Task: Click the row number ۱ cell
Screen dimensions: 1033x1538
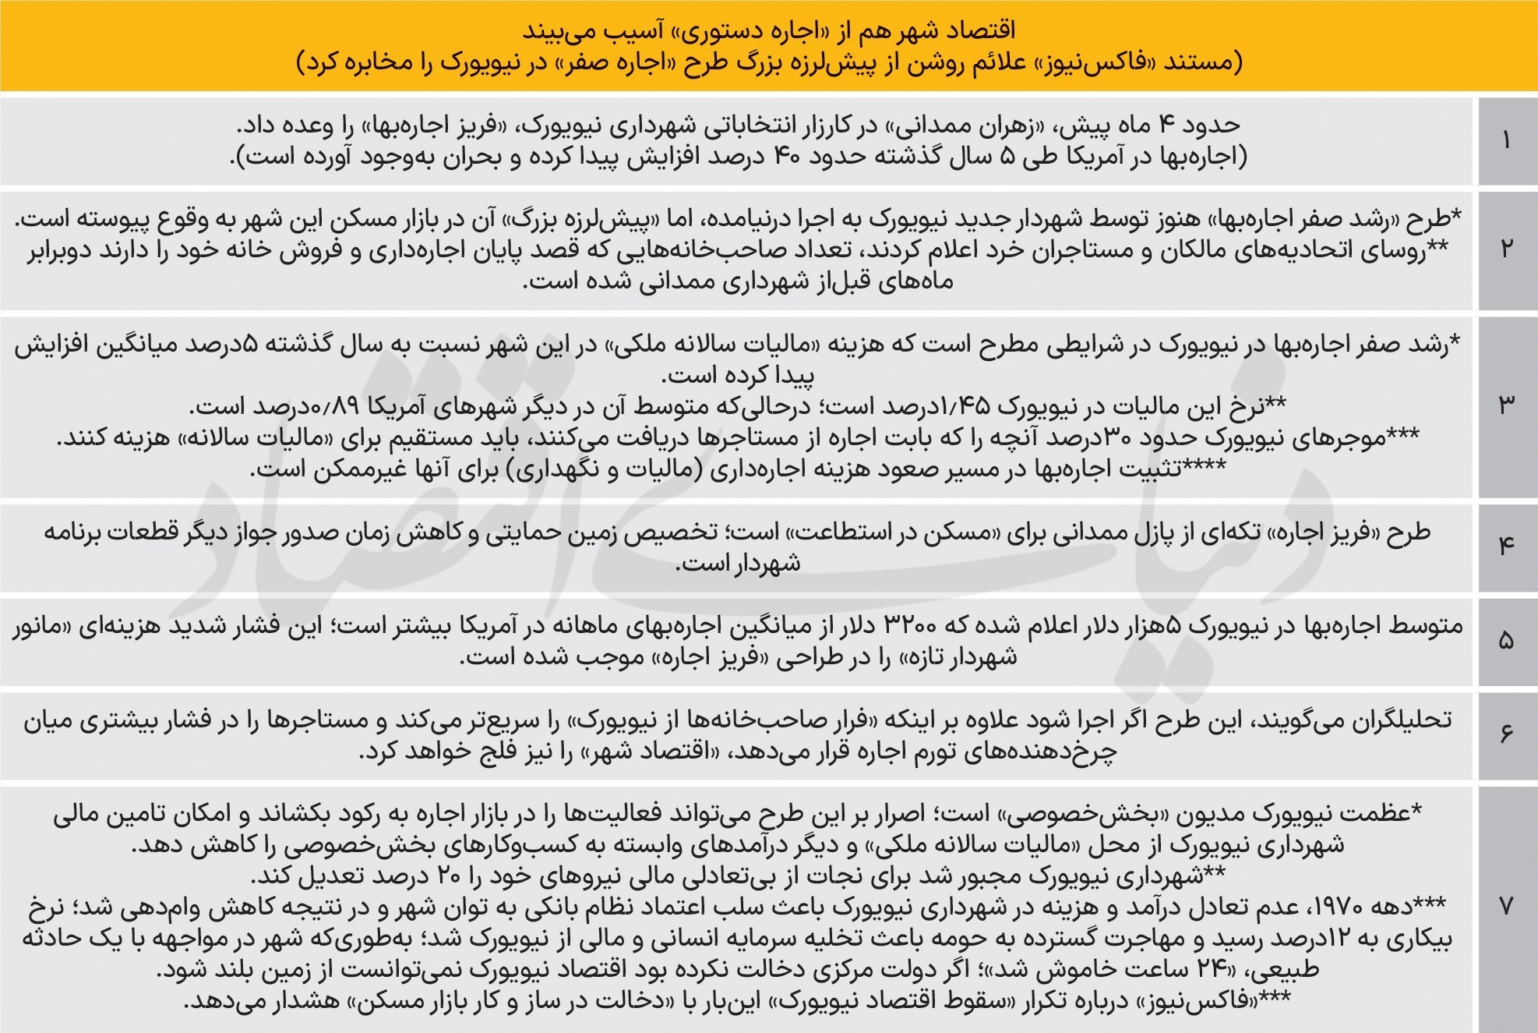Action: [1506, 141]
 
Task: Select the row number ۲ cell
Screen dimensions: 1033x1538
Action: [1506, 249]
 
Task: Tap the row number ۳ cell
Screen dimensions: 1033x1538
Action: [1506, 405]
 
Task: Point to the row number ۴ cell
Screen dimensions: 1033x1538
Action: [1506, 547]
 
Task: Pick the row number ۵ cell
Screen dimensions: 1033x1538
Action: [1506, 640]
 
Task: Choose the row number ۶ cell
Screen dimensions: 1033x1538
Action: [1506, 734]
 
